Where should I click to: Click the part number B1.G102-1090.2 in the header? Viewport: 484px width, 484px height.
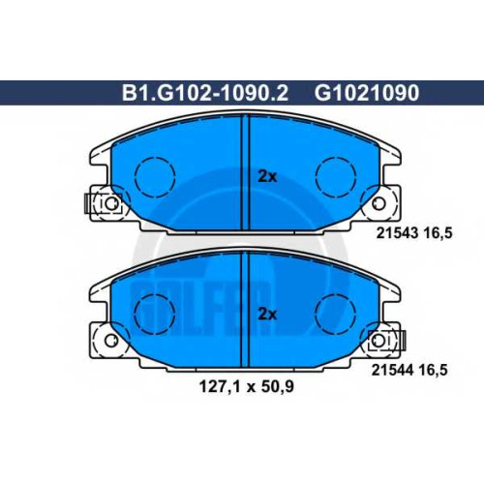[205, 93]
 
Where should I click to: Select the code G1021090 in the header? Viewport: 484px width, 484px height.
[367, 93]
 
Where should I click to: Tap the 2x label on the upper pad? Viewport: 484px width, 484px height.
[267, 177]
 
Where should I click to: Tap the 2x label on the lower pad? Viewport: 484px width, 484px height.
[267, 314]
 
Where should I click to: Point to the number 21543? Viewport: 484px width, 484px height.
[397, 232]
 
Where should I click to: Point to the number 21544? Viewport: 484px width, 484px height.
[392, 370]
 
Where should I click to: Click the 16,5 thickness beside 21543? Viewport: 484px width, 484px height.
[438, 232]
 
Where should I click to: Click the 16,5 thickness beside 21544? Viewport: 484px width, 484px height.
[433, 370]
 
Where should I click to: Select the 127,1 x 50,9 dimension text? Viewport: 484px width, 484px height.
[247, 386]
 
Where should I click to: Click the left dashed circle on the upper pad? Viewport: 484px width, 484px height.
[155, 158]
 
